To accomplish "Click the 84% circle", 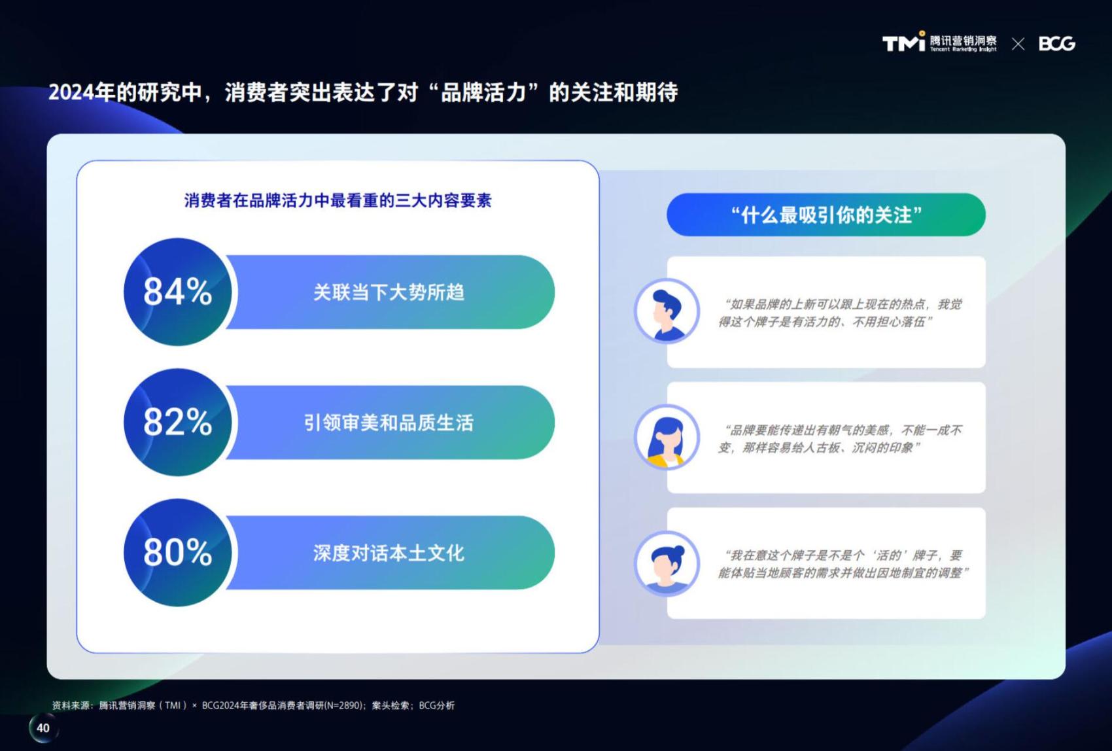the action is (178, 292).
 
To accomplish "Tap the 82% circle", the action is (178, 423).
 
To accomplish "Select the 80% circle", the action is (178, 552).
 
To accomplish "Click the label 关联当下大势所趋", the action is (389, 292).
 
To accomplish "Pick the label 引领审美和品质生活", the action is (389, 423).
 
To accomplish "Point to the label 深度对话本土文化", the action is (389, 553).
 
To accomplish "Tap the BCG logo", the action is (1057, 44).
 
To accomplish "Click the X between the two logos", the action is (1018, 44).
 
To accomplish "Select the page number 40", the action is (43, 728).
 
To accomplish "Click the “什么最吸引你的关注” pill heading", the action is (826, 215).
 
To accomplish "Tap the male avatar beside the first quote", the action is (667, 311).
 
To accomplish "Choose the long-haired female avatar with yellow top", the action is (667, 437).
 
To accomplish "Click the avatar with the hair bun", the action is (667, 563).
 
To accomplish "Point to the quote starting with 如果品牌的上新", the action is (840, 313).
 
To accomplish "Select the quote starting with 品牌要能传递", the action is (840, 439).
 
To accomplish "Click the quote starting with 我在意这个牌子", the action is (843, 565).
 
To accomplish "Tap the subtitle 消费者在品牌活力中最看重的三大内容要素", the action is (338, 201).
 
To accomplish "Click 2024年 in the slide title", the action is (82, 92).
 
